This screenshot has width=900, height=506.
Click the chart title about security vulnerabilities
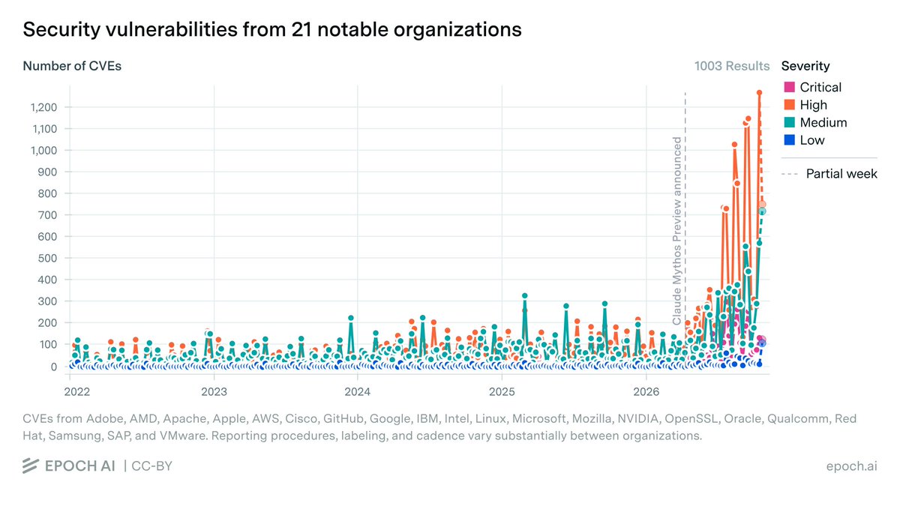coord(272,30)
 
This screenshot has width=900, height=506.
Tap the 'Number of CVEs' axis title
coord(72,66)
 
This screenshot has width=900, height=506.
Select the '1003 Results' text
coord(732,66)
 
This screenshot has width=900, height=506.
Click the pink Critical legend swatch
coord(789,87)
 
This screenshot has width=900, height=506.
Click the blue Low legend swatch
coord(789,140)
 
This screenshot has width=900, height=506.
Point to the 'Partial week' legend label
coord(841,174)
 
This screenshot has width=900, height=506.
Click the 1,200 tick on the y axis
coord(43,107)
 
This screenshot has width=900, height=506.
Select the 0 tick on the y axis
coord(54,367)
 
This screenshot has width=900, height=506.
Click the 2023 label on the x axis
coord(214,392)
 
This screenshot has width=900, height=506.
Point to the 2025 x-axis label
coord(502,392)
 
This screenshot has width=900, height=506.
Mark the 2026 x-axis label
coord(646,392)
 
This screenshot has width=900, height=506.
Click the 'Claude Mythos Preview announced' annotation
coord(677,231)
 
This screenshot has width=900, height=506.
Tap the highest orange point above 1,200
coord(759,93)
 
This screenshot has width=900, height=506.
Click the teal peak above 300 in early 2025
coord(524,296)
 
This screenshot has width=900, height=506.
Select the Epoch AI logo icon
coord(31,466)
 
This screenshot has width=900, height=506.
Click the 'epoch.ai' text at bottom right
coord(851,466)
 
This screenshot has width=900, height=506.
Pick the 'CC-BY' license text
coord(151,466)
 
